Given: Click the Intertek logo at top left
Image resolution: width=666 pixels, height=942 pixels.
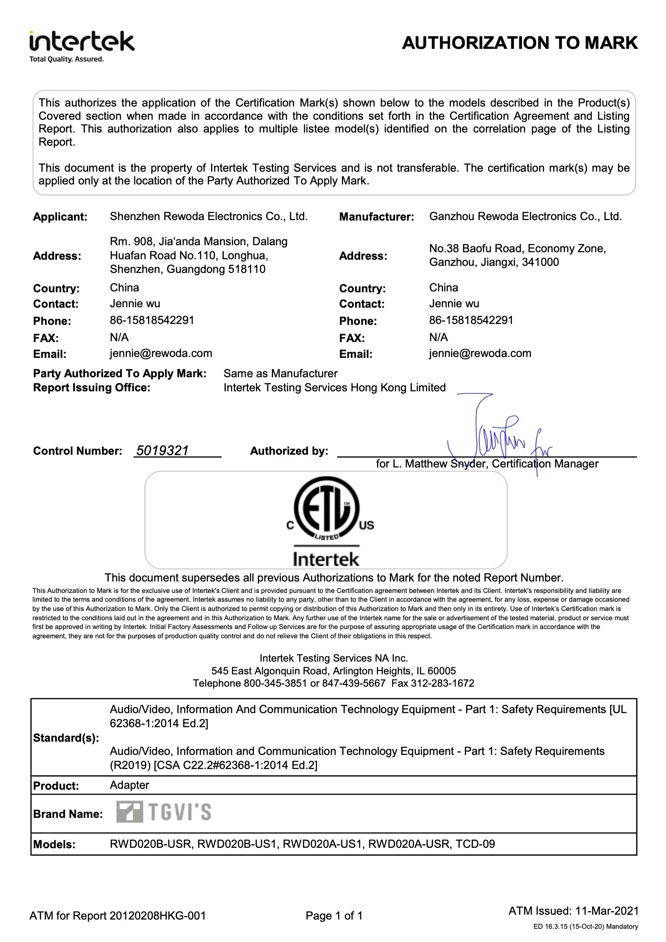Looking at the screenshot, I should click(x=81, y=46).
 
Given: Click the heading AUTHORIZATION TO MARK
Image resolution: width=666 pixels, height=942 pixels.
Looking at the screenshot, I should click(x=519, y=43).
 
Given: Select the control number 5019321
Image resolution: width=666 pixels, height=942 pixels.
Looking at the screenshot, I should click(x=163, y=450).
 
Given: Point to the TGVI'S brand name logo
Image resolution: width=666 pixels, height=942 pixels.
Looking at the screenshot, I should click(x=163, y=812).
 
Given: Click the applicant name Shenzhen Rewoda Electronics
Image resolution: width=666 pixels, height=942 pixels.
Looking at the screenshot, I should click(x=208, y=217).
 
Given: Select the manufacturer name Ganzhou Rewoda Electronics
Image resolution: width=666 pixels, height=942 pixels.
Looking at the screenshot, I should click(x=525, y=217).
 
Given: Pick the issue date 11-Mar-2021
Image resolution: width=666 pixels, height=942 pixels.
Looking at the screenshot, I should click(x=607, y=911).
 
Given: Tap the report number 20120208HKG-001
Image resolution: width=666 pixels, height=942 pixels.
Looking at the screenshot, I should click(x=157, y=916).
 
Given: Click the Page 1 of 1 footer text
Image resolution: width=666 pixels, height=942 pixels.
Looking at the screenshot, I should click(x=334, y=916).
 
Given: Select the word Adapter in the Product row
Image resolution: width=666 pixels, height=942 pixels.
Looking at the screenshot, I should click(x=129, y=785).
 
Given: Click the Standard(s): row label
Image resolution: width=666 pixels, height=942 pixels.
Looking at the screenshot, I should click(x=66, y=738).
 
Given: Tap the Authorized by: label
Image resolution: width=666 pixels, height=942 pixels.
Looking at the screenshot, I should click(x=289, y=451).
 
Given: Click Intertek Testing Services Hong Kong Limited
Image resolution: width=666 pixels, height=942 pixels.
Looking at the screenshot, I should click(x=334, y=388).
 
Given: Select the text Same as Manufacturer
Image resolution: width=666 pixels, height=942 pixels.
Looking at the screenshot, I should click(x=280, y=374).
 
